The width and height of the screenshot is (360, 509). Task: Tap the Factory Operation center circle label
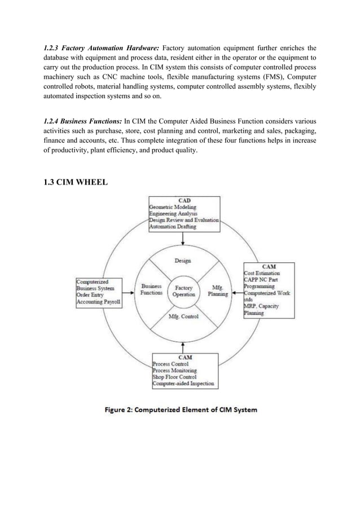click(x=184, y=291)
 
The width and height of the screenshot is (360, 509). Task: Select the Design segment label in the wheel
click(x=182, y=261)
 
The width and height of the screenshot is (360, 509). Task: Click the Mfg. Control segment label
click(x=184, y=317)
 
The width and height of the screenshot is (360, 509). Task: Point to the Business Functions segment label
click(x=151, y=289)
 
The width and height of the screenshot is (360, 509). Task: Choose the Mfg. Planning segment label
click(x=217, y=290)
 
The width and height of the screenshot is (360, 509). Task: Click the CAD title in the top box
click(x=184, y=200)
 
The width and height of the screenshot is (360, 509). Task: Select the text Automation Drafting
click(x=173, y=227)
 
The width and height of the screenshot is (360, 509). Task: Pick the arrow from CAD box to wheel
click(x=182, y=238)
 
